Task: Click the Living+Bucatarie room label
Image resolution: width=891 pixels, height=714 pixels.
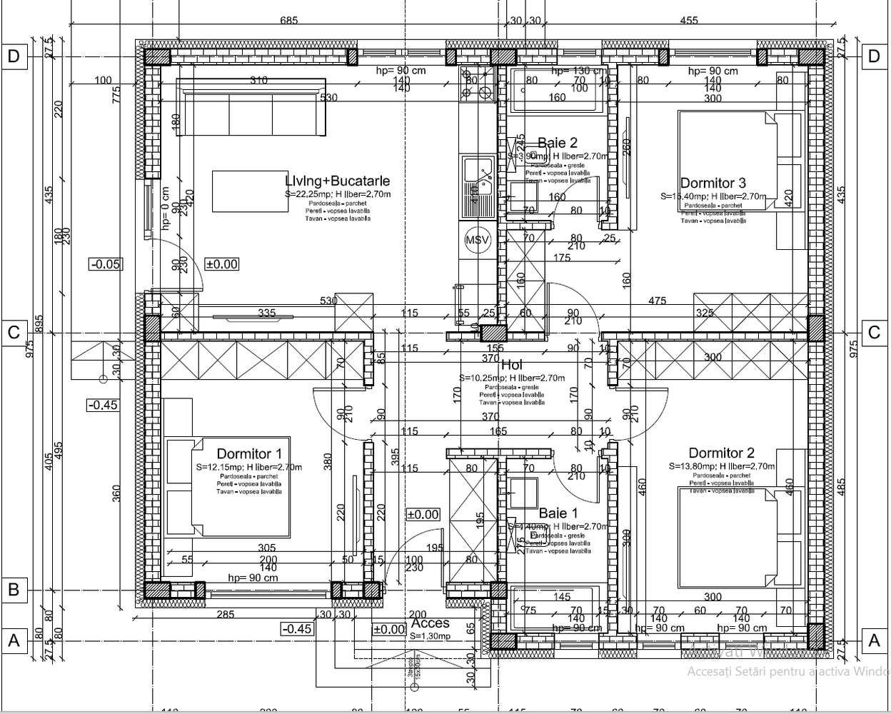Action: point(337,181)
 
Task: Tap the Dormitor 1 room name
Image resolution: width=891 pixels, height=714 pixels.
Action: point(249,454)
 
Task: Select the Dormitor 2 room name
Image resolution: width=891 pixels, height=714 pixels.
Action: point(721,453)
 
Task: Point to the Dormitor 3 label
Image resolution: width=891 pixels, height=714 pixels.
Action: point(713,183)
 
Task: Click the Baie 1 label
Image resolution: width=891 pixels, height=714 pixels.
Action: point(558,513)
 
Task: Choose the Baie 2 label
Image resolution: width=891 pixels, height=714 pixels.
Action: point(557,144)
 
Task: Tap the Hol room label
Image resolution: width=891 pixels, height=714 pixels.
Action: point(511,366)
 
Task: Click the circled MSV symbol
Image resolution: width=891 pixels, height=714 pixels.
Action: point(477,240)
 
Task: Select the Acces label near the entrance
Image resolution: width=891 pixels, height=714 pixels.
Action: point(430,623)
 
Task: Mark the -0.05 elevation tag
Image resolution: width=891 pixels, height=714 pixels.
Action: point(105,264)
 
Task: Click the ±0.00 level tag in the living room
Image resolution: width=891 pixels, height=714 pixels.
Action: point(221,264)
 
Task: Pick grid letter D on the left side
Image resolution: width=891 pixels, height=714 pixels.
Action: point(13,56)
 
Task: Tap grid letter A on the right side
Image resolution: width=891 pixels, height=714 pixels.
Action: point(874,641)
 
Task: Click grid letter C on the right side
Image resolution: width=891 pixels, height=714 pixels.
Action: point(874,332)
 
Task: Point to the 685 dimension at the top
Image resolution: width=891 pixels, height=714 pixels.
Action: point(288,20)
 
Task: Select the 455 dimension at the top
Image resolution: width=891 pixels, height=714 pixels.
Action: point(688,20)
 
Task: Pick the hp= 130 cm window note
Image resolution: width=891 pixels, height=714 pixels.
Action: point(578,71)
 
